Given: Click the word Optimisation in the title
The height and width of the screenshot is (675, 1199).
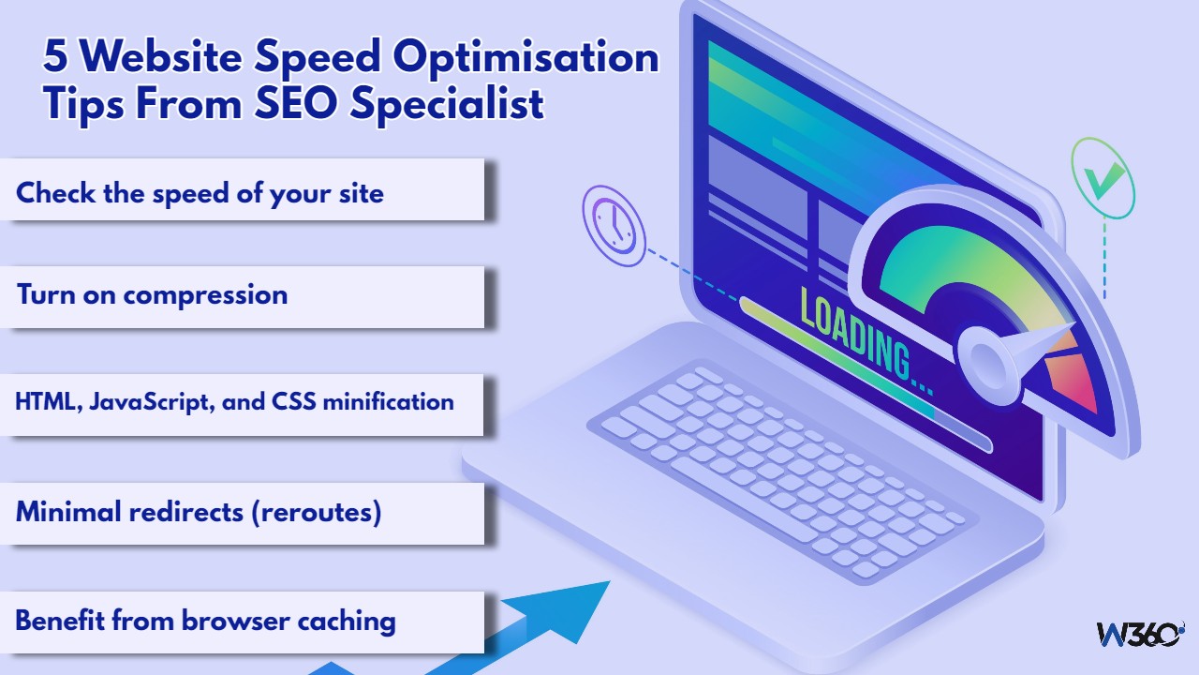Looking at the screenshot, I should pyautogui.click(x=525, y=58).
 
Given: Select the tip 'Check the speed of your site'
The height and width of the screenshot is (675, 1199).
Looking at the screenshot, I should pyautogui.click(x=200, y=193).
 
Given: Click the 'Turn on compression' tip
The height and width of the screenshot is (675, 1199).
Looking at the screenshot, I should pyautogui.click(x=152, y=294).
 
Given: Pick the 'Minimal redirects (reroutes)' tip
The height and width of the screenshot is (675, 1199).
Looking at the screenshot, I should pyautogui.click(x=199, y=512).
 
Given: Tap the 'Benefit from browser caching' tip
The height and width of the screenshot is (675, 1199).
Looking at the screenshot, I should pyautogui.click(x=205, y=620).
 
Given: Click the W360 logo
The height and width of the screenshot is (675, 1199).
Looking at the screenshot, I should pyautogui.click(x=1140, y=634).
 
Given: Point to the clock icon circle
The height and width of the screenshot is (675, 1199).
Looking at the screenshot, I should pyautogui.click(x=614, y=224).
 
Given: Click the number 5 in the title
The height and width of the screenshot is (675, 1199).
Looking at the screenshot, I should pyautogui.click(x=55, y=58).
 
